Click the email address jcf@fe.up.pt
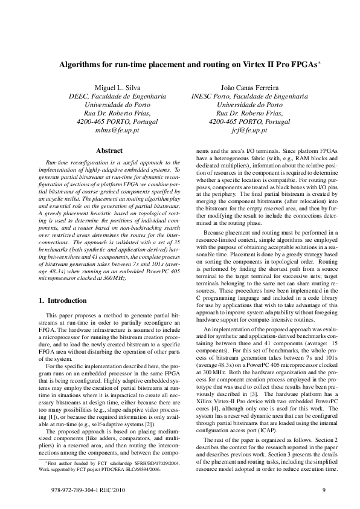pyautogui.click(x=249, y=130)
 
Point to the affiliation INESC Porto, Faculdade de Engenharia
pyautogui.click(x=249, y=96)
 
